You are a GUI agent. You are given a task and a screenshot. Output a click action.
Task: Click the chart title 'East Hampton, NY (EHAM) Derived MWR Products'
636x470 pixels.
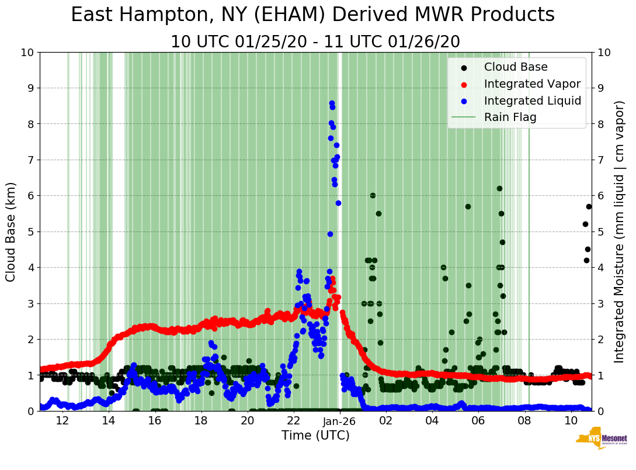point(312,15)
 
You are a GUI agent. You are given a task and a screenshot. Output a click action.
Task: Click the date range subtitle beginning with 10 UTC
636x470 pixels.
point(315,42)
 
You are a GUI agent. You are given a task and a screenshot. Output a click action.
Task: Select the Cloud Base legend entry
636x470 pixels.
point(516,67)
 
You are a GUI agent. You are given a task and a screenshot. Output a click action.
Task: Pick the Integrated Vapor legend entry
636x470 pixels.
point(532,84)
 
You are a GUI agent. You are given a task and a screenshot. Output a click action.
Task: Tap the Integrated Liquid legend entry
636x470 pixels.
point(533,101)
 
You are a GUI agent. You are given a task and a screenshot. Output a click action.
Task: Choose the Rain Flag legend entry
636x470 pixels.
point(510,117)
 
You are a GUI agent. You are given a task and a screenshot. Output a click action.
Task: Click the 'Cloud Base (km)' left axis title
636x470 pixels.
point(11,231)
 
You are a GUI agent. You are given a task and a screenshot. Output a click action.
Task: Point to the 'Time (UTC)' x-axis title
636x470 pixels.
point(315,436)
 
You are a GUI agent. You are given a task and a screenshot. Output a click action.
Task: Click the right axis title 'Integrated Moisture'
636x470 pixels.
point(620,231)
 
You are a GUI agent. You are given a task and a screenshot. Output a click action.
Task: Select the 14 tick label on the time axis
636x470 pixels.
point(109,421)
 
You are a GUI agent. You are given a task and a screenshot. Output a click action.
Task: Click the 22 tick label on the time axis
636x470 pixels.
point(294,421)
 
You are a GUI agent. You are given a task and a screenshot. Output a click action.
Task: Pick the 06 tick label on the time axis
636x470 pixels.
point(478,421)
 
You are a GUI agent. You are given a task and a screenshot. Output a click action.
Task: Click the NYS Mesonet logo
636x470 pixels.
point(601,441)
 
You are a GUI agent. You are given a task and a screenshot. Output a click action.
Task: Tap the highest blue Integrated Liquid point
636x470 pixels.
point(332,103)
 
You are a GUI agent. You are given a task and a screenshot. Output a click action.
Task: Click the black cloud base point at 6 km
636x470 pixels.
point(373,195)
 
